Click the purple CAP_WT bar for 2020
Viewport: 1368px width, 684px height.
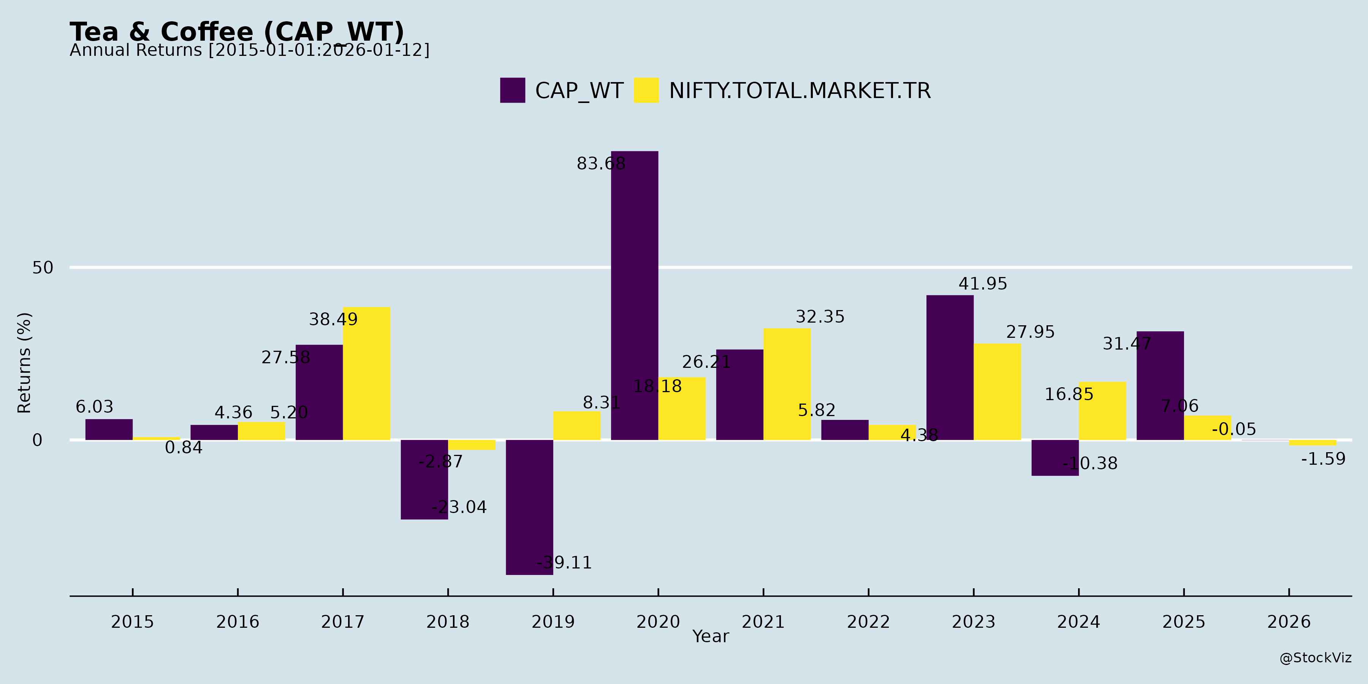tap(634, 295)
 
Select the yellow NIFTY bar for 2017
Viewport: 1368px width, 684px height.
tap(366, 373)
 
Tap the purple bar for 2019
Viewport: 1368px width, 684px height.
tap(529, 507)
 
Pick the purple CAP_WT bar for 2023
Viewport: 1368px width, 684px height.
tap(950, 367)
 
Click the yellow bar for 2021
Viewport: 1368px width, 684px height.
tap(787, 384)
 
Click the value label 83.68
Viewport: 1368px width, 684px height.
tap(601, 163)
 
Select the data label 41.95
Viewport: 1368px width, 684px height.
tap(982, 284)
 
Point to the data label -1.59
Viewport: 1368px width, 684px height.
tap(1323, 459)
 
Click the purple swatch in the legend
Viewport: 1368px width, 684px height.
tap(513, 90)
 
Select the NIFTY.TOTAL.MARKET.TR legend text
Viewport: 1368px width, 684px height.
tap(800, 91)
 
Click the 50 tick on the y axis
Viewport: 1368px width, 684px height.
tap(43, 268)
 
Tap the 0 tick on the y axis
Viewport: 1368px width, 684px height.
tap(37, 440)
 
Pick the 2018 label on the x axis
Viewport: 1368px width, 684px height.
tap(448, 622)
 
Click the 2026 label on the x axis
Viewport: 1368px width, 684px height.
tap(1289, 622)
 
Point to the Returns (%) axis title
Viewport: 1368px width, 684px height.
tap(24, 363)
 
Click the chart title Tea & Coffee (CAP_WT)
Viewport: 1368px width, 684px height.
tap(237, 32)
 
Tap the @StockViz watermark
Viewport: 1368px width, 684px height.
tap(1316, 658)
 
